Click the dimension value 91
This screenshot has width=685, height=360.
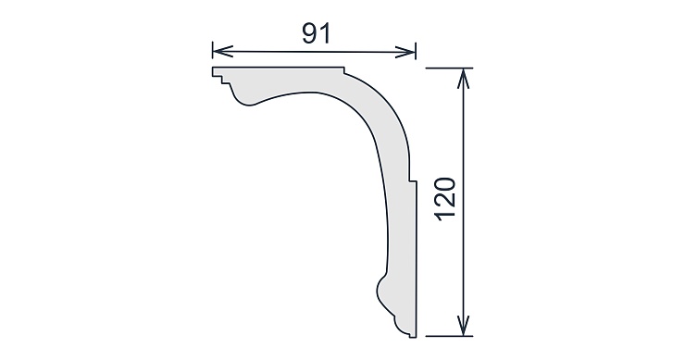tap(317, 33)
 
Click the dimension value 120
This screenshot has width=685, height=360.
tap(446, 199)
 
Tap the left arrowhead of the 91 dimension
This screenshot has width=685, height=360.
tap(223, 51)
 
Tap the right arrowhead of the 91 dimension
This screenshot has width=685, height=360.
tap(405, 53)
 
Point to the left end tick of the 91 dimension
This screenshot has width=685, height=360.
tap(213, 50)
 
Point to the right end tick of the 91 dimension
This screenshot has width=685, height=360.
tap(416, 51)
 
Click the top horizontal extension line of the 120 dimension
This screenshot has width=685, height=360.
tap(449, 68)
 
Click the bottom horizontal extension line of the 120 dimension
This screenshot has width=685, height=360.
tap(449, 336)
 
